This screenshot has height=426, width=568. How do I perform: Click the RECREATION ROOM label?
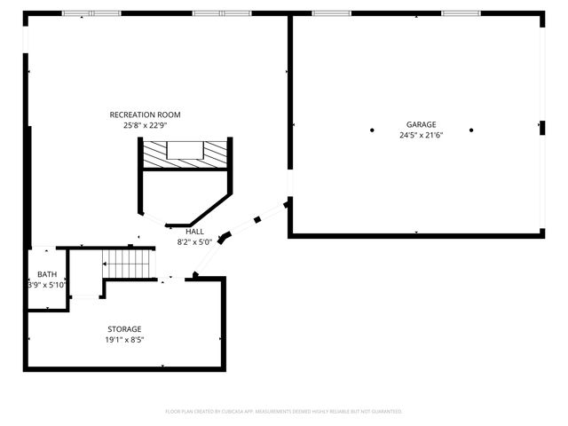[x=145, y=114]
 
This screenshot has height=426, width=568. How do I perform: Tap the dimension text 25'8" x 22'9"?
[x=145, y=125]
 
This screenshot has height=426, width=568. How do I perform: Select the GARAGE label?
[x=422, y=124]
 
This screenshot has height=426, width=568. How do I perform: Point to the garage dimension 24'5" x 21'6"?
[x=422, y=135]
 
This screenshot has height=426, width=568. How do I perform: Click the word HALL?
[x=194, y=231]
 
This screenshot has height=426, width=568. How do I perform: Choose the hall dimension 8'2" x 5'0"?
[x=194, y=241]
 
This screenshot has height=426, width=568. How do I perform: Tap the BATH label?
[x=46, y=275]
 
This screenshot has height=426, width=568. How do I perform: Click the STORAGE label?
[x=124, y=328]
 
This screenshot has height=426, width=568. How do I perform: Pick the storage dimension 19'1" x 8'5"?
[x=124, y=339]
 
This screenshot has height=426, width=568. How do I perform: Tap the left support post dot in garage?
[x=372, y=130]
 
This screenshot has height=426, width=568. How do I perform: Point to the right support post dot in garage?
[x=471, y=130]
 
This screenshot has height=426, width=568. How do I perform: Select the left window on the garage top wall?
[x=331, y=13]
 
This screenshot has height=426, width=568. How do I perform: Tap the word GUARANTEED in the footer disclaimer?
[x=383, y=412]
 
